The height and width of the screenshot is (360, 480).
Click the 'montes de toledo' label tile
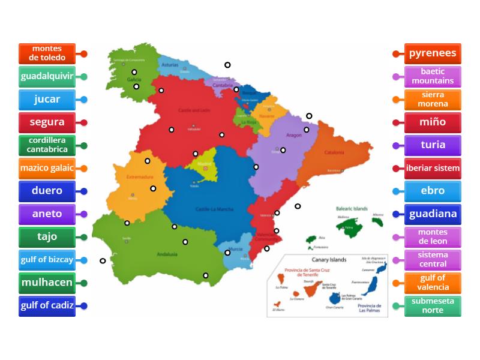coord(47,53)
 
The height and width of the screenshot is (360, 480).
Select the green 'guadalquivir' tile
coord(47,76)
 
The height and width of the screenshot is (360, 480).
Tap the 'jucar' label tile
coord(47,100)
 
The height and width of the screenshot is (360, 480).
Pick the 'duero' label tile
coord(47,191)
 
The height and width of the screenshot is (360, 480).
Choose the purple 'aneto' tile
coord(47,214)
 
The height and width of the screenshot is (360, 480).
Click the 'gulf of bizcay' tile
coord(47,260)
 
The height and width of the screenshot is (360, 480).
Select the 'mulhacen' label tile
coord(47,283)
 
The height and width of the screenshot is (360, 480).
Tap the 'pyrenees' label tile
coord(433,53)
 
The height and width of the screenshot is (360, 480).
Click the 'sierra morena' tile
coord(433,100)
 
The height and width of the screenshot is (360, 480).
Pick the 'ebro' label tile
coord(433,191)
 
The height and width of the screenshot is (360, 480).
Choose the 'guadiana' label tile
coord(433,214)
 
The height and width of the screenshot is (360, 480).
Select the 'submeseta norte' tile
coord(433,305)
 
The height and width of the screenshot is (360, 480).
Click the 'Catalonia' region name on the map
coord(334,152)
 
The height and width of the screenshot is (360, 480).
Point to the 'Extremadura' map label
coord(140,177)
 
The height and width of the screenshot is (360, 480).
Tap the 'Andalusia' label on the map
coord(167,254)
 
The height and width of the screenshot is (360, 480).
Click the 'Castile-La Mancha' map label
coord(215,209)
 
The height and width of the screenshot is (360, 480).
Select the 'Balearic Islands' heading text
coord(352,208)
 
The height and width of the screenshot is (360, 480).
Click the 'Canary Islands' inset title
coord(329,260)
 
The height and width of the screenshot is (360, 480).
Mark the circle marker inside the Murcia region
coord(227,253)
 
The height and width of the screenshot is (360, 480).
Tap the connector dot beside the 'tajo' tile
coord(84,237)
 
